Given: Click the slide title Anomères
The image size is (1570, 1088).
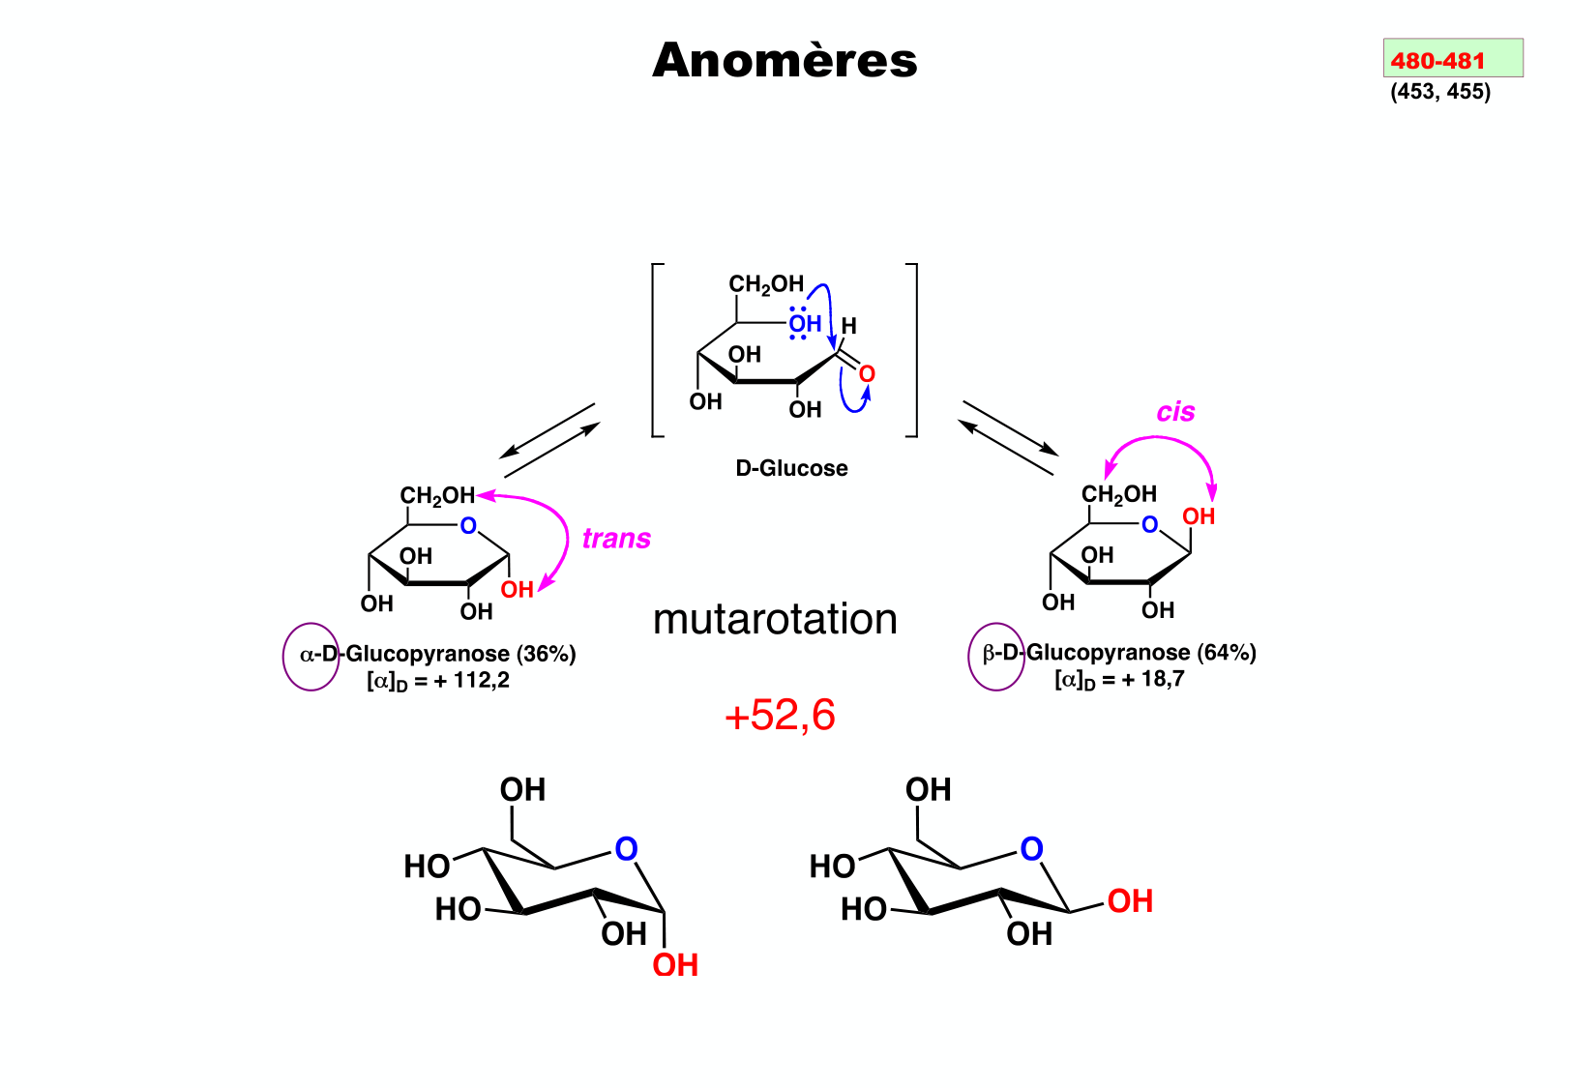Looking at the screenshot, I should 785,60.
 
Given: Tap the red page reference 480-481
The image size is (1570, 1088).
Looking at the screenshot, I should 1437,60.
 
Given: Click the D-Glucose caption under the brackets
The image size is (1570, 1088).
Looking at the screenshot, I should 791,468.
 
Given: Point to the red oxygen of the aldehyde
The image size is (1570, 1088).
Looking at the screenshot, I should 867,374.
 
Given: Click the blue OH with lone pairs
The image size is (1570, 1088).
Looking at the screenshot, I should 804,324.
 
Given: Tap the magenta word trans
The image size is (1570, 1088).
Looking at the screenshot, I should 616,539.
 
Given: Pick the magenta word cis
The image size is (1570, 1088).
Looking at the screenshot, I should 1175,412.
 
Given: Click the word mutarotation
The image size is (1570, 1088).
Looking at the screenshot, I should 775,619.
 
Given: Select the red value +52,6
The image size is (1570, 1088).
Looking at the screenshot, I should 780,716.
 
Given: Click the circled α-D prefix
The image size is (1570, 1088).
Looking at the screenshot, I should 312,656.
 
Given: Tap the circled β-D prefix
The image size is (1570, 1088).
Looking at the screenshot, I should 996,655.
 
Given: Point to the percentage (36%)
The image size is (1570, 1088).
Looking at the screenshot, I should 547,654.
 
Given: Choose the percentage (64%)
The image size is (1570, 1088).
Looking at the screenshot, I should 1227,653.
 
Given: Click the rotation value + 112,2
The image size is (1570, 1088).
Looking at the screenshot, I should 471,681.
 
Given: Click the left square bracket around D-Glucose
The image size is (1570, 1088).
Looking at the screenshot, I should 656,350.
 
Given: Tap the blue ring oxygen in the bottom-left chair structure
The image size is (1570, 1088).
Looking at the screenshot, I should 626,849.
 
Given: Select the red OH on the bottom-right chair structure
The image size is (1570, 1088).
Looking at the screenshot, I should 1130,901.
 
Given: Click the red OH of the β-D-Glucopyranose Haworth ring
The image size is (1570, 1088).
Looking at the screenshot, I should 1199,516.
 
